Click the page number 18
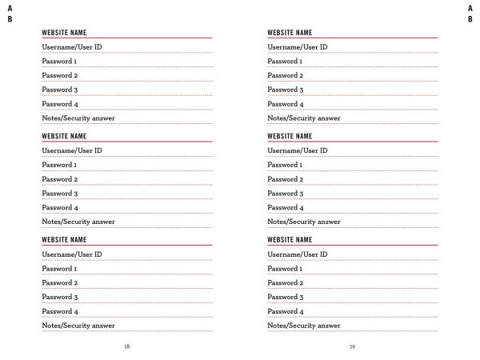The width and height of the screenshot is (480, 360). click(127, 346)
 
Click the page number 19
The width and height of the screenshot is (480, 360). click(353, 346)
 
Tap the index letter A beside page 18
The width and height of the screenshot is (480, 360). click(10, 7)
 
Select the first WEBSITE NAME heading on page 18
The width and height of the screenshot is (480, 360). click(64, 33)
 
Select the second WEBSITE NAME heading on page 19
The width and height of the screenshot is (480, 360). click(290, 136)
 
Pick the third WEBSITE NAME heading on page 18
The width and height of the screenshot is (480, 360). click(64, 240)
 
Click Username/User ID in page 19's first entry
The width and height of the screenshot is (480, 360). click(297, 47)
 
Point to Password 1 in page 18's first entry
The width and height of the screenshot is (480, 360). click(59, 62)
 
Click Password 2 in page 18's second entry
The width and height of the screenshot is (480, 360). click(59, 179)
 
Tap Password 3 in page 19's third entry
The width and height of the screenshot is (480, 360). click(285, 297)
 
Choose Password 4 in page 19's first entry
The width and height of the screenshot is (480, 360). click(285, 104)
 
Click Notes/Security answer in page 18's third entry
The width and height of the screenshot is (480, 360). click(78, 326)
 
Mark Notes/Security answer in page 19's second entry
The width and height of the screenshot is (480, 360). click(304, 222)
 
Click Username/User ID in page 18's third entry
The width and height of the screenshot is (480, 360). click(71, 254)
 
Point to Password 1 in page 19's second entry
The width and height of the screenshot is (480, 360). click(285, 165)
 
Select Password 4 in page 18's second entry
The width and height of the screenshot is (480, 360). click(59, 208)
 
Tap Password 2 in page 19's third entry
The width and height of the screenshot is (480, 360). click(285, 282)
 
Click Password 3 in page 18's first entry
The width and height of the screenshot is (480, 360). click(59, 90)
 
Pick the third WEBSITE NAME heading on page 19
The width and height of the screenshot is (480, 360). click(290, 240)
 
